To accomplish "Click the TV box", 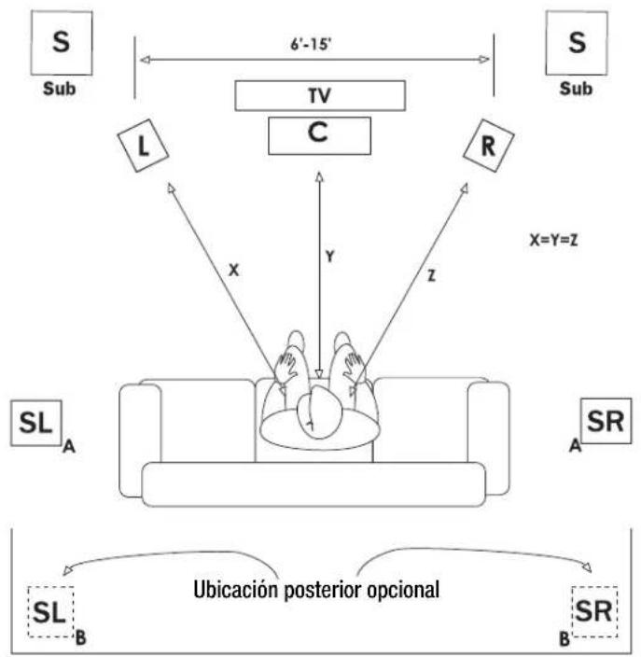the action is click(320, 95).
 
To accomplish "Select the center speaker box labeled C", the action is click(319, 135).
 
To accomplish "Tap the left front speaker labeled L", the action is click(143, 146).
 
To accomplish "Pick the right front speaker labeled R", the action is click(489, 146).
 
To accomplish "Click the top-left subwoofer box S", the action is click(62, 43).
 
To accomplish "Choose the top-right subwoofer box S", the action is click(577, 43).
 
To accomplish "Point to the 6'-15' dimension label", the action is click(311, 44).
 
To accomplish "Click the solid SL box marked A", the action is click(36, 423).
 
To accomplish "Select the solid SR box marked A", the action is click(606, 421).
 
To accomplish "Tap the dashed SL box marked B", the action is click(50, 612).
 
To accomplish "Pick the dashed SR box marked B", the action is click(594, 612).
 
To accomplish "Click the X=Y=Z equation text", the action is click(554, 240).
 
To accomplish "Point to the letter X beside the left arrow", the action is click(234, 271).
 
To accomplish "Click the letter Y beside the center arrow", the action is click(330, 256).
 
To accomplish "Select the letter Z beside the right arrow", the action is click(431, 275).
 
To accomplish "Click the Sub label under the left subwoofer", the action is click(60, 89).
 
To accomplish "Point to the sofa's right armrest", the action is click(489, 438).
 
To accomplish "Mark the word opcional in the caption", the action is click(403, 591).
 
